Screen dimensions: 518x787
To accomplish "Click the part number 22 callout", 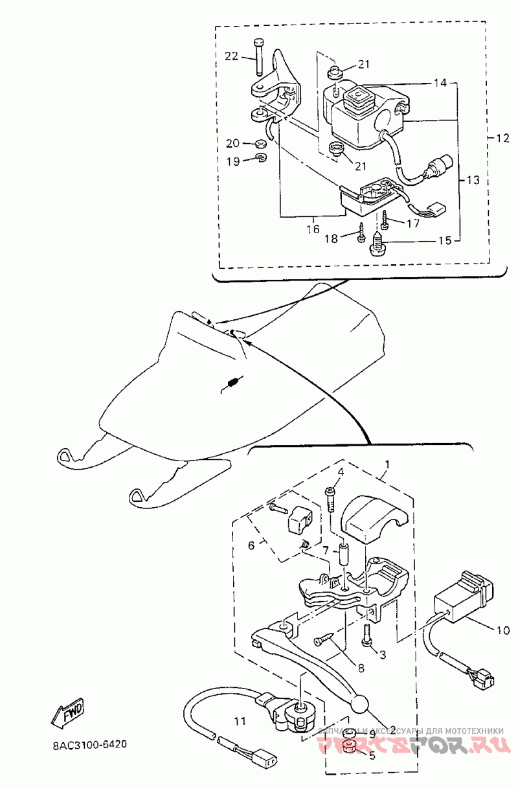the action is coord(231,56).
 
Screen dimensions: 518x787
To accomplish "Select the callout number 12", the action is coord(503,138).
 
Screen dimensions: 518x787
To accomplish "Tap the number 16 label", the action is coord(313,229).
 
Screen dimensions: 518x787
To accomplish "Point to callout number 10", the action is coord(502,629).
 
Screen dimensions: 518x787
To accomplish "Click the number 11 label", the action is coord(240,720).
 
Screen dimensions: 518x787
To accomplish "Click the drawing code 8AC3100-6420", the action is coord(89,744).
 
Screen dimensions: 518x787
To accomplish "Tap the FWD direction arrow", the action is coord(67,713).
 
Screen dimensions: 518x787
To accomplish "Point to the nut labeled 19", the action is coord(260,159).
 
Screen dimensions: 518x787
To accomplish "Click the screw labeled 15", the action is coord(377,244).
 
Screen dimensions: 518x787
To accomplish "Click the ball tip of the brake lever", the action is coord(360,704).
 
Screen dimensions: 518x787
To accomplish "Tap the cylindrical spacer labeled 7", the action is coord(344,554).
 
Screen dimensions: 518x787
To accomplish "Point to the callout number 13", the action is coord(473,179).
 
